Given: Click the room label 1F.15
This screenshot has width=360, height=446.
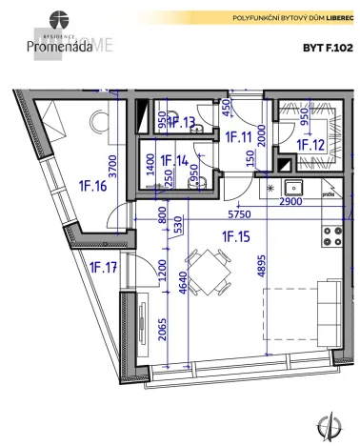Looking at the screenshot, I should pyautogui.click(x=234, y=236).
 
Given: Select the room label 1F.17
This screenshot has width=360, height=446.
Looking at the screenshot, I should pyautogui.click(x=103, y=267).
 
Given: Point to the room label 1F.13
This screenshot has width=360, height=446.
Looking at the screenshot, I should pyautogui.click(x=181, y=122).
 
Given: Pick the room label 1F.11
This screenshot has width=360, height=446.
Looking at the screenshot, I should pyautogui.click(x=237, y=137).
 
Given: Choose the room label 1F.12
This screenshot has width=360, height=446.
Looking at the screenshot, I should pyautogui.click(x=310, y=144).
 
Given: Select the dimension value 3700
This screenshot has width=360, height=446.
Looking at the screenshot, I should pyautogui.click(x=110, y=169).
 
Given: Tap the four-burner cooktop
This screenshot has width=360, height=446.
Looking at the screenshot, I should pyautogui.click(x=333, y=234).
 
